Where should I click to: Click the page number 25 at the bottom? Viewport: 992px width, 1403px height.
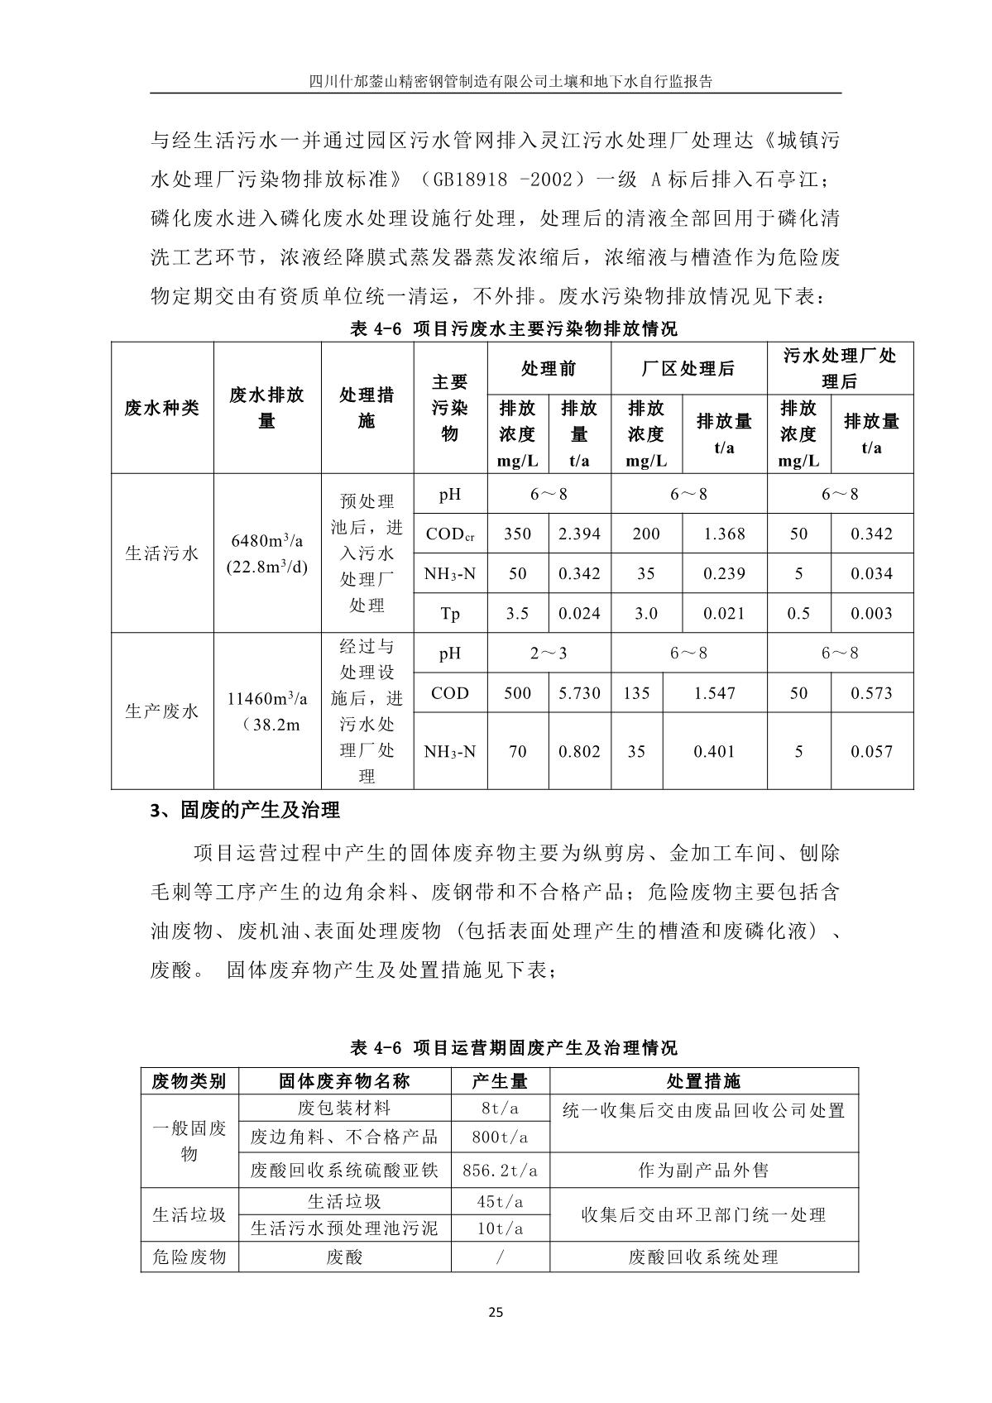(x=496, y=1312)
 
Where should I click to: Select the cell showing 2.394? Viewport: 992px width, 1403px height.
(x=579, y=534)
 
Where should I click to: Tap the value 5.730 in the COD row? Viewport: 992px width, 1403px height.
(x=579, y=693)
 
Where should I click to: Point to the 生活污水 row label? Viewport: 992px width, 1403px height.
(x=162, y=553)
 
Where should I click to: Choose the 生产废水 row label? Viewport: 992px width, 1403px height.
(x=162, y=711)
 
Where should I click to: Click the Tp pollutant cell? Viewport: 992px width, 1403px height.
(x=450, y=614)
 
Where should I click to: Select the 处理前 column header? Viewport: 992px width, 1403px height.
(x=549, y=369)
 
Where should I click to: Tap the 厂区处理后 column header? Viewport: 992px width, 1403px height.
(x=688, y=369)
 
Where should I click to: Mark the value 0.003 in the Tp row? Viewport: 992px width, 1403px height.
(x=872, y=614)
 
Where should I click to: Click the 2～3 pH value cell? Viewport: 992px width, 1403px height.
(x=549, y=654)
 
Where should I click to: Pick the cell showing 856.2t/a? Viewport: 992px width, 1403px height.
(x=500, y=1171)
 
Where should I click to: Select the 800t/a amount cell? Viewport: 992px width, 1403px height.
(x=500, y=1137)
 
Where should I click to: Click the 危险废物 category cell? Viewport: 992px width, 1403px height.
(x=189, y=1257)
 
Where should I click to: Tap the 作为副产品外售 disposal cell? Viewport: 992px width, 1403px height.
(x=703, y=1171)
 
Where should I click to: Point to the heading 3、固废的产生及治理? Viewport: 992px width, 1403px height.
(x=245, y=811)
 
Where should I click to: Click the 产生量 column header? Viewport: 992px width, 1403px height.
(x=500, y=1081)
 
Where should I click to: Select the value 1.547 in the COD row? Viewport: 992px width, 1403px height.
(x=714, y=693)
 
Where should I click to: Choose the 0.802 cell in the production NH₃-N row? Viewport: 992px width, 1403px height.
(x=579, y=752)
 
